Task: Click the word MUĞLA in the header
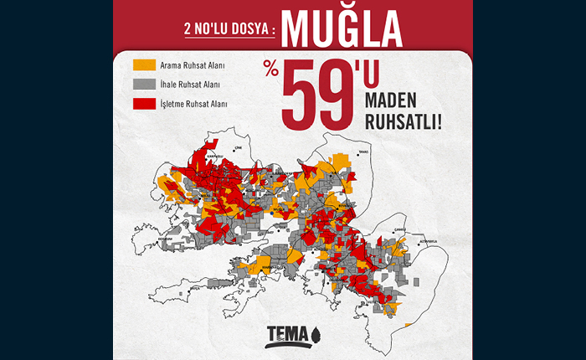tap(342, 28)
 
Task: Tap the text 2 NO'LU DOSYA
tap(228, 28)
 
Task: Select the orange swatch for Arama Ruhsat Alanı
tap(145, 64)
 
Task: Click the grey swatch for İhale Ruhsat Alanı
tap(145, 84)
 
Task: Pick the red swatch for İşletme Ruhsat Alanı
tap(145, 104)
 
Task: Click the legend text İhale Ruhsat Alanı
tap(193, 84)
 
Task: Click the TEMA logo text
tap(286, 336)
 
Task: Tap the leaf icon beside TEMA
tap(316, 336)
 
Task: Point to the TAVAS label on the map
tap(362, 152)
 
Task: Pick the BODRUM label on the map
tap(164, 238)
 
